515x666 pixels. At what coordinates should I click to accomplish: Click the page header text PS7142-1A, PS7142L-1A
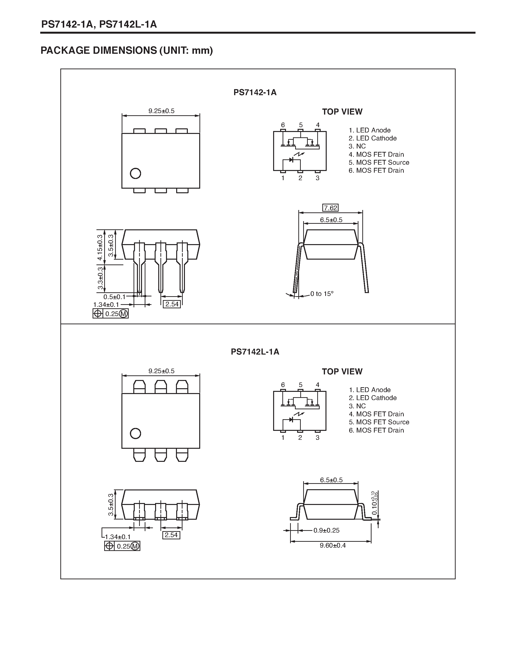[x=99, y=24]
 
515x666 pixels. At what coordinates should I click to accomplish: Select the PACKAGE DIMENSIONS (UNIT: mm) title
[x=127, y=50]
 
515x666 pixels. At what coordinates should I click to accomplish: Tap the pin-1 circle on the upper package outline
[x=135, y=173]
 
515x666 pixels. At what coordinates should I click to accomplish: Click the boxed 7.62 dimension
[x=330, y=208]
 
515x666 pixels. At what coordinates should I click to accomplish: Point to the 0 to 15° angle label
[x=322, y=294]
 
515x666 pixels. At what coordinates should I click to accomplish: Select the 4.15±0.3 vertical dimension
[x=100, y=247]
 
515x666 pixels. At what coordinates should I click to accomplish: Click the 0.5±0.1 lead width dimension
[x=114, y=297]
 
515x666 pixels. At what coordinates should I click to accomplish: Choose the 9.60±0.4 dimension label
[x=333, y=545]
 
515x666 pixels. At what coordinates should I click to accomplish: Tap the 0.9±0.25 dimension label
[x=326, y=530]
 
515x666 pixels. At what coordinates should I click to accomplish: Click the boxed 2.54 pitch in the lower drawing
[x=171, y=535]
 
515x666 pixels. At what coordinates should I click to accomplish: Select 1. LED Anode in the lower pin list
[x=370, y=390]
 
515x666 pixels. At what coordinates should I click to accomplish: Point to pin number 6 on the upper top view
[x=283, y=125]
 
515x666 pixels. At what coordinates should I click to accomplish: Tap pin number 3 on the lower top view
[x=317, y=438]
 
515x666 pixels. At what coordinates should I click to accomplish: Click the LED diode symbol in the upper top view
[x=291, y=160]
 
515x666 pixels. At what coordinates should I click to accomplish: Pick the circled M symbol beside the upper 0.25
[x=123, y=314]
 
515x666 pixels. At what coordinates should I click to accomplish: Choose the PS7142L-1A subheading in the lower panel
[x=255, y=352]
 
